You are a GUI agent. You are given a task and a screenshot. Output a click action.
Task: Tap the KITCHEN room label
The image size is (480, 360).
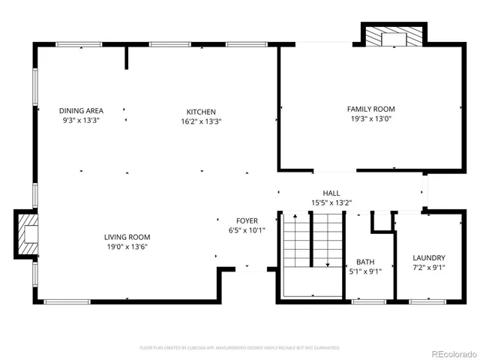point(201,112)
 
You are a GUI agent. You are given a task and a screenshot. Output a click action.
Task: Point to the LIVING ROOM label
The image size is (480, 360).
point(127,237)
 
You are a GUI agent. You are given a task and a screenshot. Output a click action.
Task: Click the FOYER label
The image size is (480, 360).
point(247,220)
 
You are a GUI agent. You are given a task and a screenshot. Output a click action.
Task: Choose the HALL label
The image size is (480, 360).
point(331,193)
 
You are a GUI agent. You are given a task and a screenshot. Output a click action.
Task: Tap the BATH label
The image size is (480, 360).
point(365,262)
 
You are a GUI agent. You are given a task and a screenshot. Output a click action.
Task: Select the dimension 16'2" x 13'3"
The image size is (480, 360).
point(201,121)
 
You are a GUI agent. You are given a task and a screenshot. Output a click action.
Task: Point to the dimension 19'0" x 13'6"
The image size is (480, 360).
point(127,247)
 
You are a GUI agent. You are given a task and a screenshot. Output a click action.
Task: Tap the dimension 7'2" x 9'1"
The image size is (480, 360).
point(429,267)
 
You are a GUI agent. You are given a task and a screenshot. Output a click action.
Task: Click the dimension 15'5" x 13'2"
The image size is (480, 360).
point(331,202)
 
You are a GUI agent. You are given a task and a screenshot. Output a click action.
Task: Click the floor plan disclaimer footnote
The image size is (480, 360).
point(239,348)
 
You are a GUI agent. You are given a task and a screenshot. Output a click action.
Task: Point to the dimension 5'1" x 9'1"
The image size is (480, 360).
point(365,271)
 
